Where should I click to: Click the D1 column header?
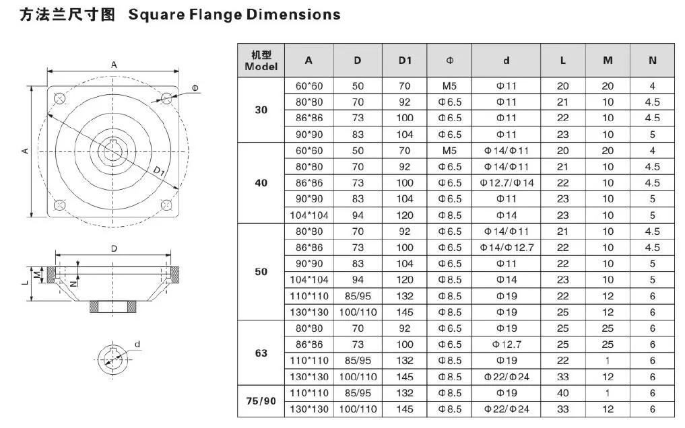404,61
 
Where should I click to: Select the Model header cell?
261,61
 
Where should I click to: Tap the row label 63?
261,353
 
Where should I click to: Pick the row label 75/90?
261,400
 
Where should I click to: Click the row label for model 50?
261,272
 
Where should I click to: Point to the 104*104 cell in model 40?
308,215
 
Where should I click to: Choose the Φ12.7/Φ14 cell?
507,183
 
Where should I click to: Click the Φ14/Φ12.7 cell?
507,248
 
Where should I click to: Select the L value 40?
562,393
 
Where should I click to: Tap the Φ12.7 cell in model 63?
507,345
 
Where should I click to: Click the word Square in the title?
157,14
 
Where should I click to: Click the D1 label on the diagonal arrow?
159,174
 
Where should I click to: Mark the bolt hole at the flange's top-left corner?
59,99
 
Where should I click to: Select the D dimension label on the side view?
115,248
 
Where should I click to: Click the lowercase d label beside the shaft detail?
137,344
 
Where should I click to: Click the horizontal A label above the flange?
115,65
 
